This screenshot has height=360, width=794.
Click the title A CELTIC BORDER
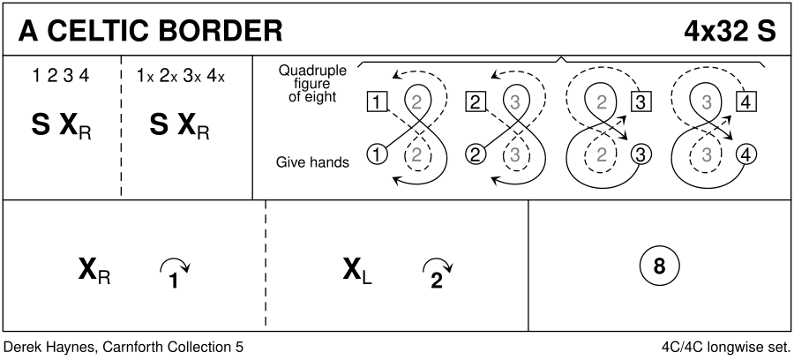point(151,29)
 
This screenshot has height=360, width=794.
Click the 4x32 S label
point(729,29)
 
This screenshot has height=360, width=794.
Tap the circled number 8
point(659,266)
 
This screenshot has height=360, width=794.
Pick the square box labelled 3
point(641,101)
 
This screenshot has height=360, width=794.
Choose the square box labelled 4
point(747,101)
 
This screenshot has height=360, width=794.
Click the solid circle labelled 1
point(376,155)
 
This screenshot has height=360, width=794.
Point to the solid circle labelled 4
point(747,155)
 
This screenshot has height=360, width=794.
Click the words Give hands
point(312,161)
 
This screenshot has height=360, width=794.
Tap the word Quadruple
point(312,71)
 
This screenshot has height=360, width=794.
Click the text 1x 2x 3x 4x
point(181,76)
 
